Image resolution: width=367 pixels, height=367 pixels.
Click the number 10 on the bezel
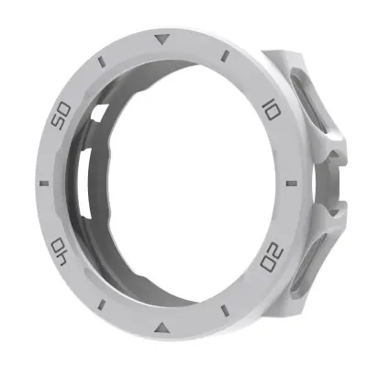[271, 112]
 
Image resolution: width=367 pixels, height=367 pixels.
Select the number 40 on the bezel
[59, 247]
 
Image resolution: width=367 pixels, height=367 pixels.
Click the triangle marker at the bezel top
[162, 39]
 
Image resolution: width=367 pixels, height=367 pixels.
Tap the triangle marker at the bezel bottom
[162, 325]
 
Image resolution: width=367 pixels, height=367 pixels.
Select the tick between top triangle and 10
[224, 59]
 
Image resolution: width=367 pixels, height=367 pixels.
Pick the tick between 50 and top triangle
[102, 63]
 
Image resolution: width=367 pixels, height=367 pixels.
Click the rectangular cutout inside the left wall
[85, 183]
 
